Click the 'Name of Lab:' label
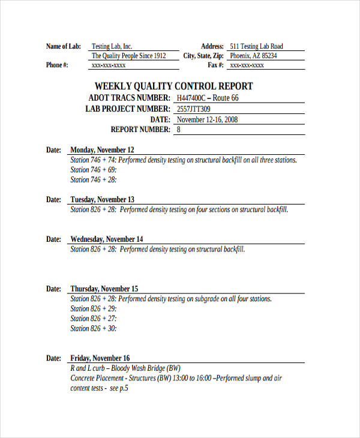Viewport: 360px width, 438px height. coord(64,46)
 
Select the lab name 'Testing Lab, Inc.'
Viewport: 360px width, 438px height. coord(112,46)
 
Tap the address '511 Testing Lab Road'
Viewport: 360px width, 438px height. coord(256,46)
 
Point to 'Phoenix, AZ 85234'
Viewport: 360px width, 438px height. coord(254,56)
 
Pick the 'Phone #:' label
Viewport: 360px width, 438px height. coord(57,65)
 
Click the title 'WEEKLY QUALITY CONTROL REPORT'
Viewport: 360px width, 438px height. coord(174,86)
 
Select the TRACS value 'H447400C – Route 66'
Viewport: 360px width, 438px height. coord(207,98)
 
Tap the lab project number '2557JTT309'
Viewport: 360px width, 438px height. coord(194,109)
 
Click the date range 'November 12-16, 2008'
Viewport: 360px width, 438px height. coord(207,119)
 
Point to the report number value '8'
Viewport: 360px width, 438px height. coord(178,130)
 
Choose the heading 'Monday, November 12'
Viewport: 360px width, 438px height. coord(102,150)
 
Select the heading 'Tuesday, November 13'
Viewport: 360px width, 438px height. coord(103,200)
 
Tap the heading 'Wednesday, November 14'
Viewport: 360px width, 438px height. coord(107,239)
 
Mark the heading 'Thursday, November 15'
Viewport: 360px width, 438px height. coord(104,289)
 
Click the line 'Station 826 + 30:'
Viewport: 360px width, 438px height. coord(94,328)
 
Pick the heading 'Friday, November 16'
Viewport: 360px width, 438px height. coord(100,358)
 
